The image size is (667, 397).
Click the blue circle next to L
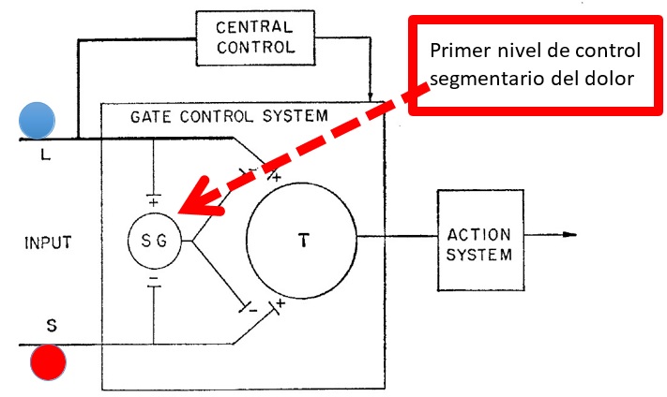[38, 120]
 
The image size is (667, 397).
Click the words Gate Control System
[229, 116]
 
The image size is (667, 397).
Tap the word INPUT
[49, 243]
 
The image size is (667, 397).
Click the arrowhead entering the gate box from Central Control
[372, 97]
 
